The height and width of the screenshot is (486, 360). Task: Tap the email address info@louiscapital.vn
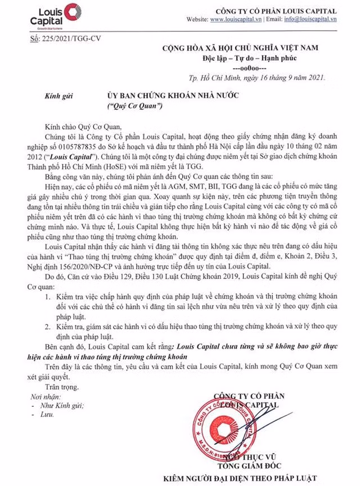(x=310, y=19)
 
